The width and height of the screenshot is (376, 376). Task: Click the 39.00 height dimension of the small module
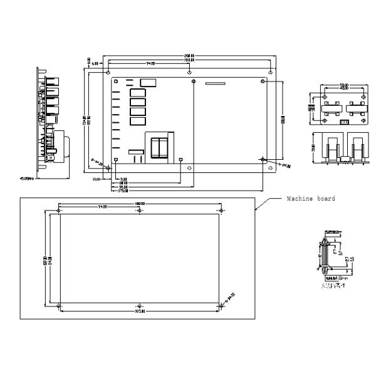point(313,150)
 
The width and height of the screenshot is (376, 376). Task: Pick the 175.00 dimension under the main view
point(123,191)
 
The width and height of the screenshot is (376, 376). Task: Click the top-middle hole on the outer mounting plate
point(189,73)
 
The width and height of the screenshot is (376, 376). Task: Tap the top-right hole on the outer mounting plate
point(270,73)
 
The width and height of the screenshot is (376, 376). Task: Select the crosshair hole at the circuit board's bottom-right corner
point(262,160)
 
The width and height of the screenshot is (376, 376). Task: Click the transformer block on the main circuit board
point(158,147)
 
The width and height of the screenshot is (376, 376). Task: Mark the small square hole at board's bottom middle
point(180,160)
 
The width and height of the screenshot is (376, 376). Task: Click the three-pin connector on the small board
point(343,122)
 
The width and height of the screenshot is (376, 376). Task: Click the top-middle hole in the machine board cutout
point(138,212)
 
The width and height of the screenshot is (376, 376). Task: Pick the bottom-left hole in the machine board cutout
point(59,305)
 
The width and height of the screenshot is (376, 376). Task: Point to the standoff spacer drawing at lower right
point(328,254)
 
